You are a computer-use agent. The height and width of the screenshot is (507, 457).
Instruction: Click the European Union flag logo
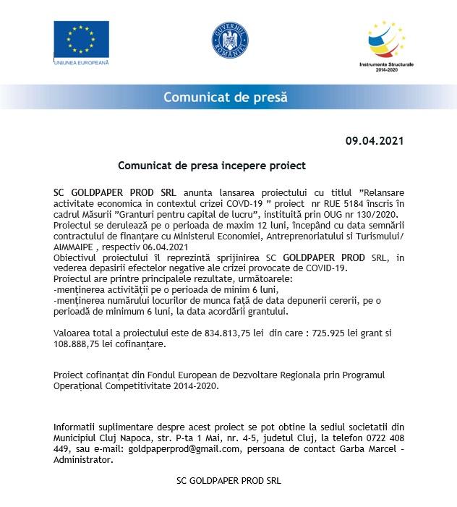(x=81, y=40)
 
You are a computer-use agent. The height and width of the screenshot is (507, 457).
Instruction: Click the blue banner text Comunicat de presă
(x=225, y=97)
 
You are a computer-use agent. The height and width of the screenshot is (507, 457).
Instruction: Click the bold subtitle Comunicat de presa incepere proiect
(x=212, y=166)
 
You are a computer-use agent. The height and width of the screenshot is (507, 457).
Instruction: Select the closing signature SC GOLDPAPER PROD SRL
(x=229, y=480)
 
